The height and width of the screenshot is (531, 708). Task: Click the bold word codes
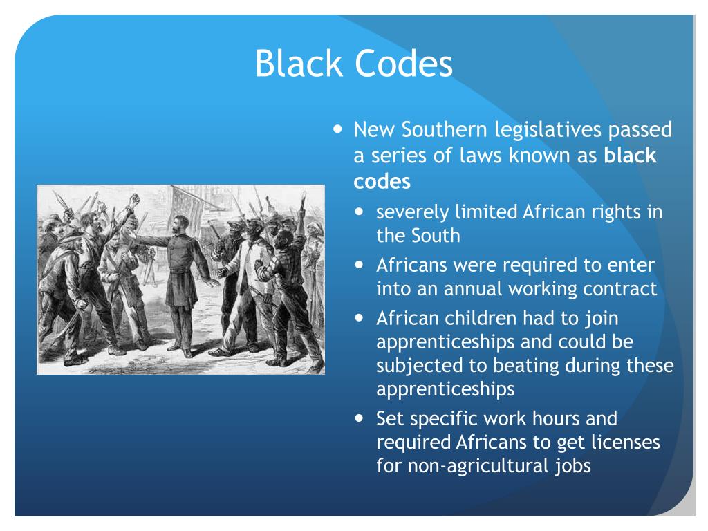(382, 182)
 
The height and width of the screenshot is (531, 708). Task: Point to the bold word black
(630, 156)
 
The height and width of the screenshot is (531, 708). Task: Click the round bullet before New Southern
(337, 129)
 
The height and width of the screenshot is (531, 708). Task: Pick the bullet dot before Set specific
(361, 418)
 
